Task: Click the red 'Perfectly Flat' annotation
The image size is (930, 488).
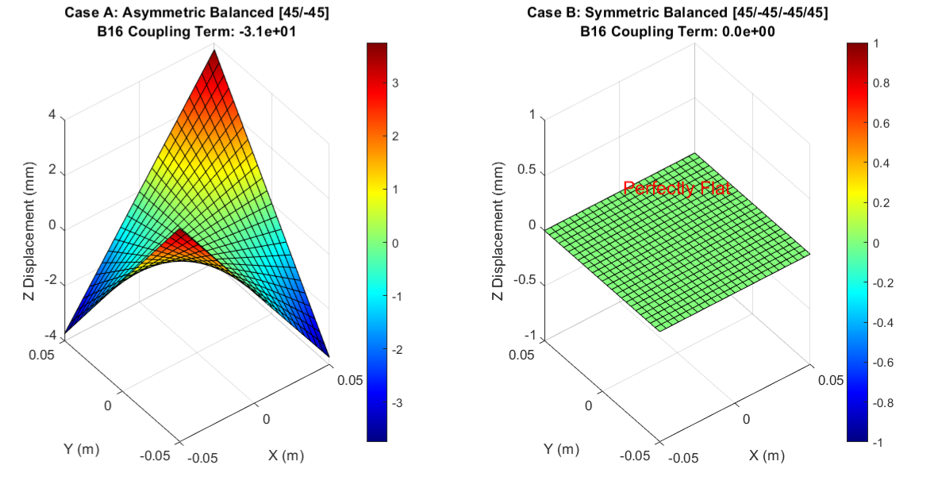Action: pos(676,189)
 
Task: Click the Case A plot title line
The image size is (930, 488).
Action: pos(196,14)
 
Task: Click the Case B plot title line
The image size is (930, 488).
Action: pos(677,14)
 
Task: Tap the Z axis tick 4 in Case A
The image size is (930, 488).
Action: pos(52,116)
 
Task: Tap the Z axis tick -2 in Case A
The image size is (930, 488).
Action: pos(48,282)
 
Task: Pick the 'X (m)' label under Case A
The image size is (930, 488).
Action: pos(286,455)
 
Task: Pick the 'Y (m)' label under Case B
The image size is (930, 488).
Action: pos(562,449)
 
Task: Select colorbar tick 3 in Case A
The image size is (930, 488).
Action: pos(394,83)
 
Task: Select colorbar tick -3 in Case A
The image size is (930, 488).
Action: pos(396,403)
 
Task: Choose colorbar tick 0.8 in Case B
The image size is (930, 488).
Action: pos(881,83)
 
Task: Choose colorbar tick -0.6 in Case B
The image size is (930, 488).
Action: pos(882,363)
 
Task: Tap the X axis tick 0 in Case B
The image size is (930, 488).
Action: pos(746,417)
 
